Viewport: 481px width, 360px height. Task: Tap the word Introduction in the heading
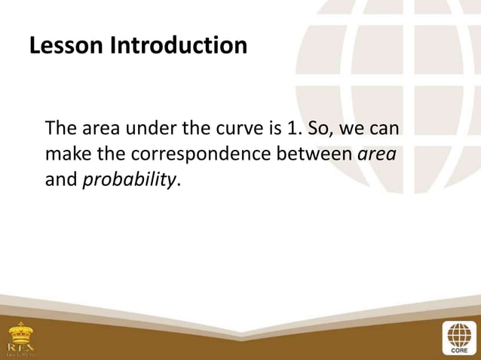pyautogui.click(x=179, y=45)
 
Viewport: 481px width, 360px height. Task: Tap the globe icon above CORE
pyautogui.click(x=459, y=331)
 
